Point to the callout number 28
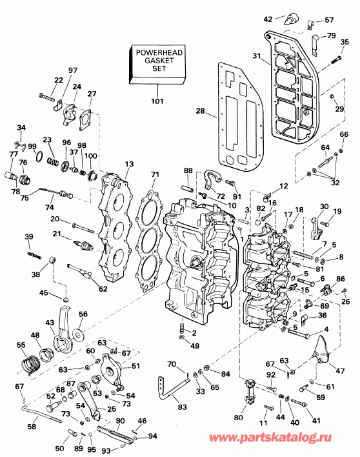[x=201, y=111]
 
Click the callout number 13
[x=130, y=164]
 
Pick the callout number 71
[x=154, y=175]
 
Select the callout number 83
[x=182, y=407]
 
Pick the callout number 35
[x=345, y=43]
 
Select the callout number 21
[x=57, y=234]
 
